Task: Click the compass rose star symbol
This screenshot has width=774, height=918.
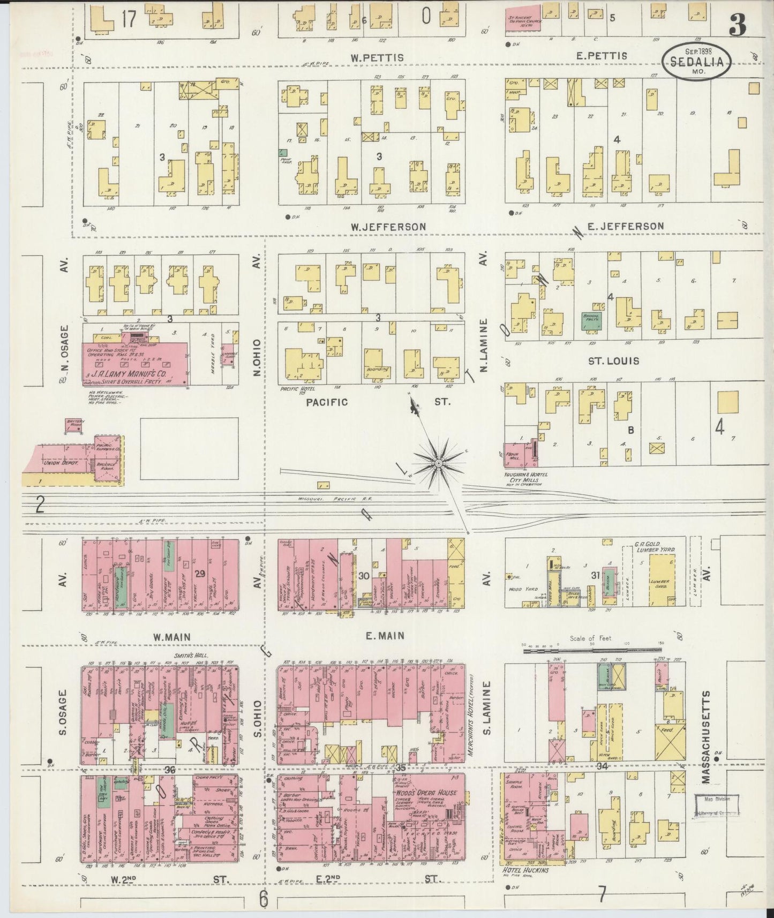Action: (x=439, y=462)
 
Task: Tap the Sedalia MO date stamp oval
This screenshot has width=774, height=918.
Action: (x=697, y=62)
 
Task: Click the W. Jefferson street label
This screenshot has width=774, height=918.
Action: (x=388, y=227)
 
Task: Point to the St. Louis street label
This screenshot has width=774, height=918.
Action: (x=613, y=361)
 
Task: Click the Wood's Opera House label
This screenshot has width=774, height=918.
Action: (x=426, y=793)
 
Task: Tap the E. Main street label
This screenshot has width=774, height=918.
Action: (x=385, y=636)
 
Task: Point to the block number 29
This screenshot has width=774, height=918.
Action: (x=200, y=574)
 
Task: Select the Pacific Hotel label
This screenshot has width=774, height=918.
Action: (x=295, y=388)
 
